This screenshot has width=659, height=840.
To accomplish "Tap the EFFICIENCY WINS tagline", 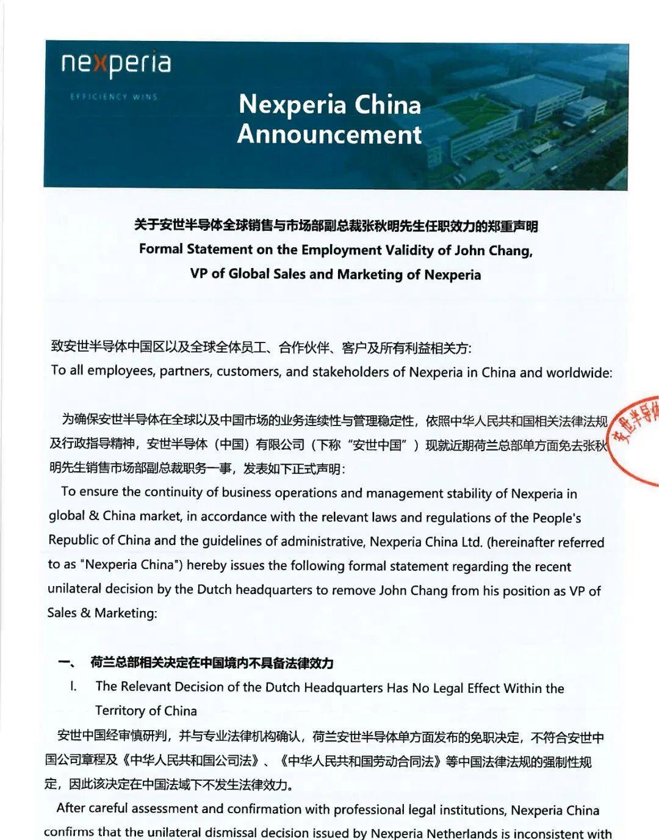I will pyautogui.click(x=113, y=96).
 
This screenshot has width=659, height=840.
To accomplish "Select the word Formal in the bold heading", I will pyautogui.click(x=161, y=249).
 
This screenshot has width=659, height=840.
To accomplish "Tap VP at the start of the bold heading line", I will pyautogui.click(x=198, y=273).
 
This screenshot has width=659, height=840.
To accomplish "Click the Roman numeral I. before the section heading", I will pyautogui.click(x=73, y=686).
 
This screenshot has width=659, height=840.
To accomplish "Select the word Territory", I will pyautogui.click(x=121, y=711).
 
